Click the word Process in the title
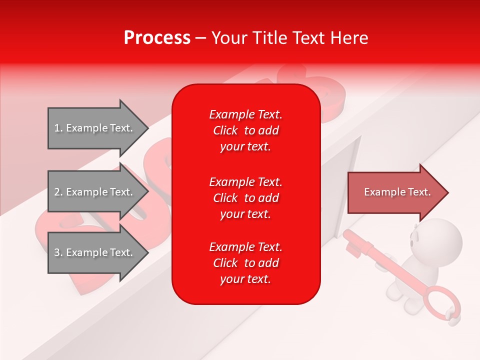pos(157,38)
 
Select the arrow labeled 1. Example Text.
pos(95,128)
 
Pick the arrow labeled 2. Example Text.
pos(95,192)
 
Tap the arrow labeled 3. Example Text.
pos(95,252)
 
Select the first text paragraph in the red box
pos(245,130)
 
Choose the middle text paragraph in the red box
pos(245,198)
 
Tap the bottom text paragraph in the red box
pos(245,263)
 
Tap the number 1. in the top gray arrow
pos(58,128)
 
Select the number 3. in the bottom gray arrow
pos(58,252)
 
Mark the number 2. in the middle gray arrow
pos(58,192)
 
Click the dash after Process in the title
pos(200,38)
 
